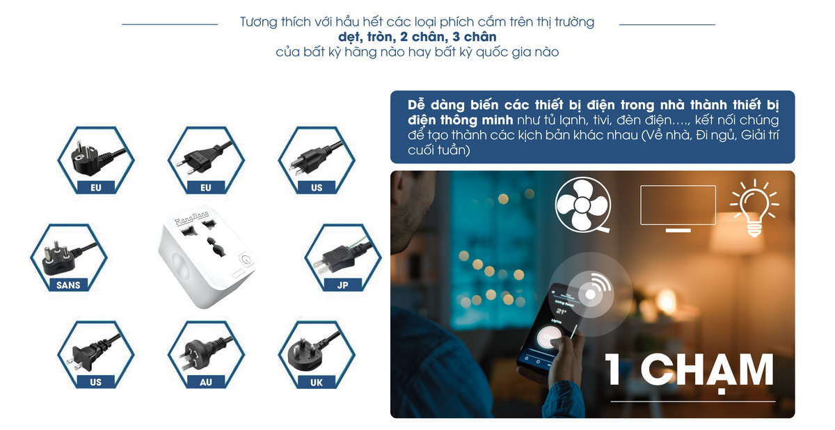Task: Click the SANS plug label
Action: pos(68,285)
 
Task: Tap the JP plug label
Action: pos(342,285)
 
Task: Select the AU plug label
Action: pos(206,382)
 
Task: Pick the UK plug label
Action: pos(317,382)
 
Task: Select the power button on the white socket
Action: pos(246,260)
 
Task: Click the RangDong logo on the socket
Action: pos(192,218)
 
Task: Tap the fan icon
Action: pos(583,205)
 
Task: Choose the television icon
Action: pos(678,208)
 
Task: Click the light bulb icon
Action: pos(754,208)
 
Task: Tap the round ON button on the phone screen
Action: pos(548,337)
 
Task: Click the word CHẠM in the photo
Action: pos(707,371)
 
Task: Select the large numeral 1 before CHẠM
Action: pos(612,369)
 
